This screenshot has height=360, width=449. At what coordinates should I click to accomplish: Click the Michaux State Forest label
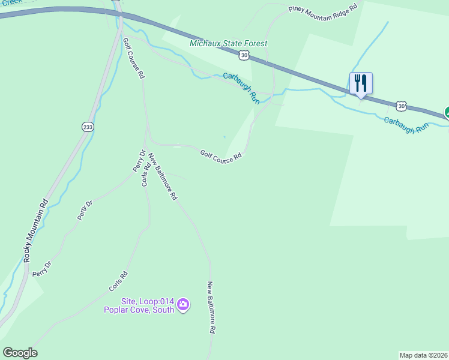click(x=228, y=44)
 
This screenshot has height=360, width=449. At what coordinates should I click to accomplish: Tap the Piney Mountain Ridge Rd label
click(x=322, y=8)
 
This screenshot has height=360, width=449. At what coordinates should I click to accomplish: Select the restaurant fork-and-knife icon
click(x=361, y=83)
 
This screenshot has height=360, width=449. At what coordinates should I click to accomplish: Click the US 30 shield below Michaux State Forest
click(x=243, y=56)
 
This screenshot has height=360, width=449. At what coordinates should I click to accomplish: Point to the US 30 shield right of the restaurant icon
click(x=402, y=106)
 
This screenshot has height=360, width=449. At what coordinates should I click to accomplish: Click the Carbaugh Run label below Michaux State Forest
click(x=241, y=88)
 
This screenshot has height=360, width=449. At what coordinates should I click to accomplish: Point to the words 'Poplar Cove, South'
click(x=139, y=310)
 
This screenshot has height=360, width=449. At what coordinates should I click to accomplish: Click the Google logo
click(x=20, y=353)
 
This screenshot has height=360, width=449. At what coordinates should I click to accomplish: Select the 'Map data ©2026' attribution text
click(x=423, y=355)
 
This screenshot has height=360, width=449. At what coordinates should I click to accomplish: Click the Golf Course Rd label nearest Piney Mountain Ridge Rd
click(x=221, y=155)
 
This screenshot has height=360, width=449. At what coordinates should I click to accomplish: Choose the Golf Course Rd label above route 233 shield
click(x=133, y=59)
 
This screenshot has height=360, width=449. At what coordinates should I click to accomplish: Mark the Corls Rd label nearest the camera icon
click(x=118, y=282)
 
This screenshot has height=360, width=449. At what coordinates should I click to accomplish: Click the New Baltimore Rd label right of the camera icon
click(x=211, y=307)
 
